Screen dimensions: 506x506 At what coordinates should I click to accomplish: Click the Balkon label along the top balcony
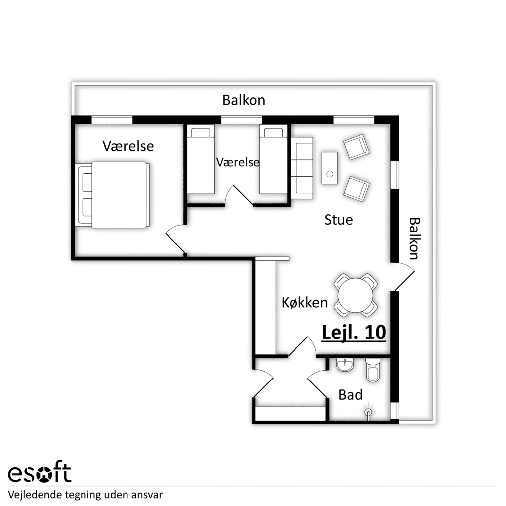click(244, 100)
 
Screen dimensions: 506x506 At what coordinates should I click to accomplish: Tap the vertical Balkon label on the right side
click(414, 239)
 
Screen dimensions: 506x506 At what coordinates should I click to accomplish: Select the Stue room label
click(338, 220)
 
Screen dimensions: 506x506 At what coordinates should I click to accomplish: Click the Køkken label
click(304, 303)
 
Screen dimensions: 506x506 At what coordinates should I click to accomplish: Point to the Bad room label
click(350, 395)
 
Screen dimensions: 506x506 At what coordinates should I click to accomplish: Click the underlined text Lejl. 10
click(354, 333)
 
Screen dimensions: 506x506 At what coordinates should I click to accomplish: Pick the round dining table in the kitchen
click(355, 295)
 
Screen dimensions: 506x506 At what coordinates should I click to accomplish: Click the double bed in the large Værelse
click(113, 195)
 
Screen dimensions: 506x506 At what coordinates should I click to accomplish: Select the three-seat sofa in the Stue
click(302, 168)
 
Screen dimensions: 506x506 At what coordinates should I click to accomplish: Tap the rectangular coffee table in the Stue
click(330, 168)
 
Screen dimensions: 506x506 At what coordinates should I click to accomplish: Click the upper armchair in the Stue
click(356, 147)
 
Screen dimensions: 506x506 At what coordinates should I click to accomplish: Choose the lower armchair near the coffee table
click(356, 189)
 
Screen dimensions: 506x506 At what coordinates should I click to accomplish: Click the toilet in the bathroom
click(373, 370)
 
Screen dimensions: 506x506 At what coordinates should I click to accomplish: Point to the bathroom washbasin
click(345, 365)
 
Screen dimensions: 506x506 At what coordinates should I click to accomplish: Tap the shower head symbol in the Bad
click(368, 412)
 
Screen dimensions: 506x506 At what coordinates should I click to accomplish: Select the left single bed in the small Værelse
click(201, 159)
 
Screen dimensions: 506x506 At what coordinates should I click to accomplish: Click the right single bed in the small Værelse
click(273, 159)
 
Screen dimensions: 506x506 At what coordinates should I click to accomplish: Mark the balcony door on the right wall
click(403, 277)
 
